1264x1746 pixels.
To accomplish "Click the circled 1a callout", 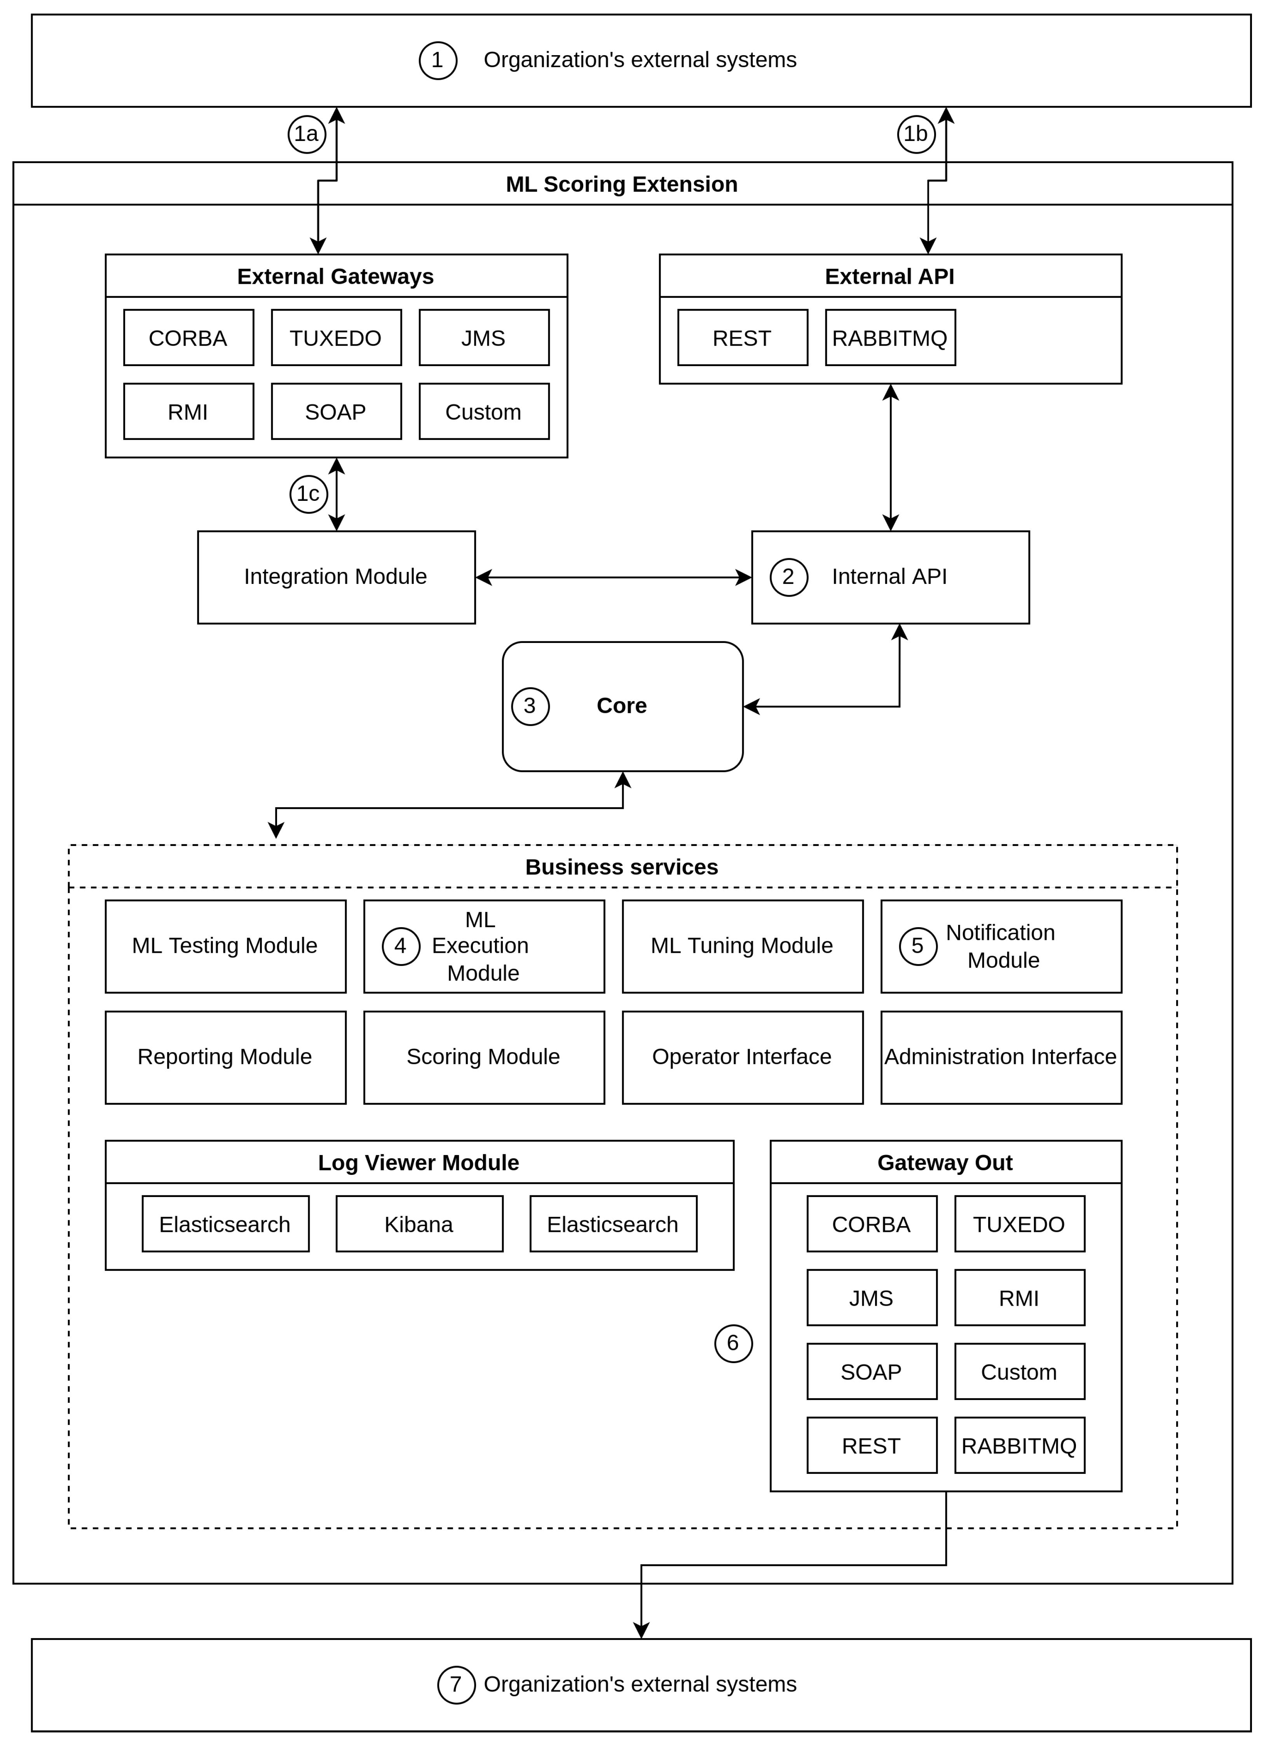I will [x=307, y=134].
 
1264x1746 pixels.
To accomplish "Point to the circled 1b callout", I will [x=916, y=134].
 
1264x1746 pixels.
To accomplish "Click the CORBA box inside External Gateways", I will [x=188, y=338].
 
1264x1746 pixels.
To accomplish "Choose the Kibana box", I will [x=419, y=1224].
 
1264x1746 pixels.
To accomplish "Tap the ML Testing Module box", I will [x=225, y=946].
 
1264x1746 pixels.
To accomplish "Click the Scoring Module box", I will [x=484, y=1057].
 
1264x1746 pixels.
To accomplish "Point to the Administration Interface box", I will [x=1001, y=1057].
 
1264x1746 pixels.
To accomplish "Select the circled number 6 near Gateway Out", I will [x=733, y=1343].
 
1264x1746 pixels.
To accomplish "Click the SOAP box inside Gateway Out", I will [x=871, y=1372].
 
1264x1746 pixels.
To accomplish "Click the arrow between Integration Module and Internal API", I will [x=613, y=577].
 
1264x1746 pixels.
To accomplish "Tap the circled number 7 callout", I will [x=456, y=1684].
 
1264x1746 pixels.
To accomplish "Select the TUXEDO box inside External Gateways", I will [x=336, y=338].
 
